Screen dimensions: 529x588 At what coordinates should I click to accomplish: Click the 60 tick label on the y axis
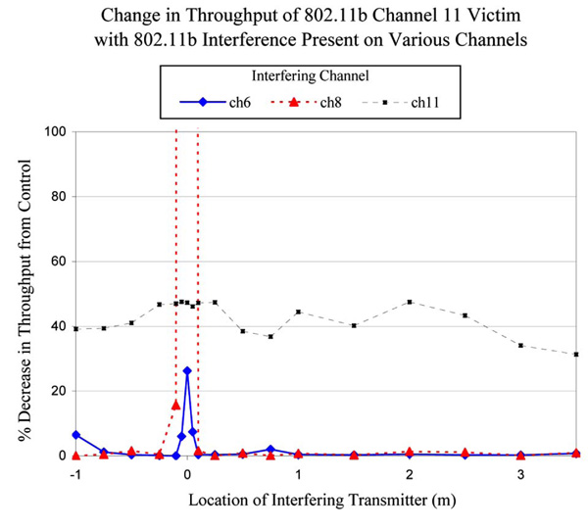(56, 262)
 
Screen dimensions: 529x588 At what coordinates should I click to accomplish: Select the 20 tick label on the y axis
(56, 391)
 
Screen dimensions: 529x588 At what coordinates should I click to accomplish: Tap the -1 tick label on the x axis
(74, 474)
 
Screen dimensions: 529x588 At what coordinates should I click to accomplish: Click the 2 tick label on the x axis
(410, 474)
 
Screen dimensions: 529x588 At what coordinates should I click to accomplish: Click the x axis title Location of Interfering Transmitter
(325, 500)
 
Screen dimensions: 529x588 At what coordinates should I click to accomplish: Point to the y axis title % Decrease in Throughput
(23, 294)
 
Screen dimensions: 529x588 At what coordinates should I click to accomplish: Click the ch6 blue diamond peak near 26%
(187, 370)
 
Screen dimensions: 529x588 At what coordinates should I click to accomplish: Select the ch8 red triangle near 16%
(175, 404)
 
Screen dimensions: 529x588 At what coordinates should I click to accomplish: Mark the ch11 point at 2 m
(410, 302)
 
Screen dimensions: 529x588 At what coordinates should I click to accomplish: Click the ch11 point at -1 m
(75, 329)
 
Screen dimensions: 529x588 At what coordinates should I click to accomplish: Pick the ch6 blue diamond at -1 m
(75, 435)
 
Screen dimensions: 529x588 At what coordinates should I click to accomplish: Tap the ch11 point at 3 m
(521, 345)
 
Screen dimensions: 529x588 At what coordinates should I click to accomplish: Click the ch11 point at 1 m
(298, 312)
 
